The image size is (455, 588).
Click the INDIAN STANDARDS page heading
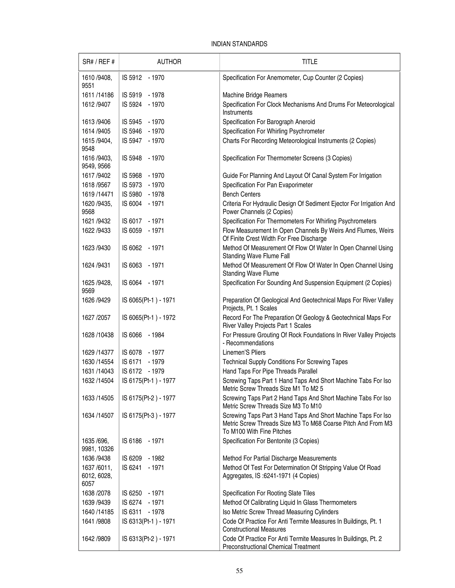pyautogui.click(x=239, y=44)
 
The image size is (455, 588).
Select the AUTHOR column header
pyautogui.click(x=169, y=62)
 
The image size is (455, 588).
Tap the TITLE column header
pyautogui.click(x=309, y=62)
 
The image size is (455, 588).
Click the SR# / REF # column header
pyautogui.click(x=99, y=62)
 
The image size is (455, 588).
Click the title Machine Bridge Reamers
pyautogui.click(x=255, y=95)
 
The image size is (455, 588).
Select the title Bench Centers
pyautogui.click(x=241, y=194)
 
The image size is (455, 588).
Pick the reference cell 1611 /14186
pyautogui.click(x=98, y=95)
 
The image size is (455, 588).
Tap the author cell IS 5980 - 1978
pyautogui.click(x=143, y=194)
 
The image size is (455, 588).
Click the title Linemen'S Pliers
pyautogui.click(x=244, y=352)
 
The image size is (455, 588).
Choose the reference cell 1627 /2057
pyautogui.click(x=96, y=318)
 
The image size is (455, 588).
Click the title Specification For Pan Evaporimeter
pyautogui.click(x=268, y=185)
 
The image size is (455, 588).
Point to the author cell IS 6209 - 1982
pyautogui.click(x=143, y=458)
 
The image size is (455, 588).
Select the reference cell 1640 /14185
pyautogui.click(x=98, y=512)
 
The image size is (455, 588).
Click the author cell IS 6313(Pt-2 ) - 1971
pyautogui.click(x=149, y=539)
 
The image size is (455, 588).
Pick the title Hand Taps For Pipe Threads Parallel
pyautogui.click(x=270, y=371)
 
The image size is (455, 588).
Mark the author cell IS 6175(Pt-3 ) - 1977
pyautogui.click(x=149, y=415)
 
